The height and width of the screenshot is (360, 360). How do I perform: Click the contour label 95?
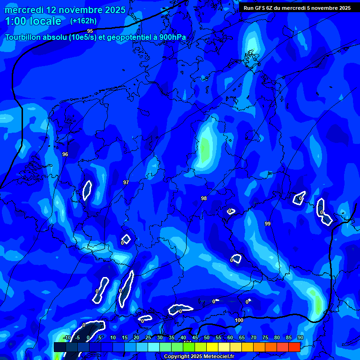[x=90, y=31]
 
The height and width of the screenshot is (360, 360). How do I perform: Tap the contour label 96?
[x=65, y=154]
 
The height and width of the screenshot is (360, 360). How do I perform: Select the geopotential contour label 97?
[x=126, y=182]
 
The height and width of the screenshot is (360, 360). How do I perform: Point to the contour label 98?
[x=204, y=198]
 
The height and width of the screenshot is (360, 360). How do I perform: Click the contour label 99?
[x=267, y=224]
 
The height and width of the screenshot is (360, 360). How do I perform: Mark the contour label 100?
[x=239, y=320]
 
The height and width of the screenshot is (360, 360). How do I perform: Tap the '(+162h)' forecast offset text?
[x=83, y=21]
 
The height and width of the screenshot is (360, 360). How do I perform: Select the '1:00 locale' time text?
[x=33, y=21]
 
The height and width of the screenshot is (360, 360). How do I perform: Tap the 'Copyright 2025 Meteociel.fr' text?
[x=199, y=357]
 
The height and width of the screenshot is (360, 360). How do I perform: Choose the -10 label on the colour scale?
[x=67, y=337]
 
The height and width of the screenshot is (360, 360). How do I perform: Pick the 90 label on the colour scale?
[x=300, y=337]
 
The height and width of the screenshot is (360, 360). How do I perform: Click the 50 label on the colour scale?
[x=207, y=337]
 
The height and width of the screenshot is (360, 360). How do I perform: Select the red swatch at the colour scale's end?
[x=294, y=347]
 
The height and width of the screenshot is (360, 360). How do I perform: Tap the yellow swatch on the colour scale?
[x=212, y=347]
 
